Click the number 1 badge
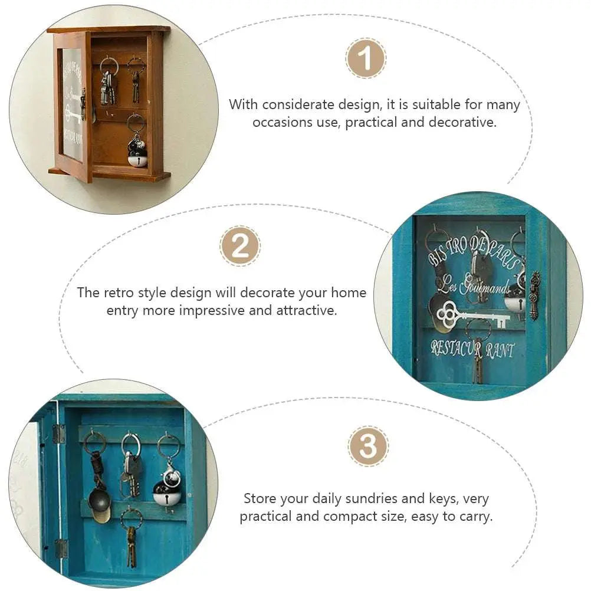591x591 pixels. click(366, 59)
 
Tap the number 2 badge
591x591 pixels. click(239, 246)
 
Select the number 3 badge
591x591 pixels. click(368, 446)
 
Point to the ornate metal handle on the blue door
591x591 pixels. click(535, 295)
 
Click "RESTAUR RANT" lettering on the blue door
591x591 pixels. click(472, 349)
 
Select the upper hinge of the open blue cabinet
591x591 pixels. click(58, 434)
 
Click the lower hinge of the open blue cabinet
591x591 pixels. click(61, 549)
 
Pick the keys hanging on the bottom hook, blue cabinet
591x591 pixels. click(131, 540)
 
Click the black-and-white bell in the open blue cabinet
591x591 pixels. click(168, 489)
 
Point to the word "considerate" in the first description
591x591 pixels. click(300, 105)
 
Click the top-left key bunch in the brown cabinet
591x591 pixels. click(108, 86)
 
